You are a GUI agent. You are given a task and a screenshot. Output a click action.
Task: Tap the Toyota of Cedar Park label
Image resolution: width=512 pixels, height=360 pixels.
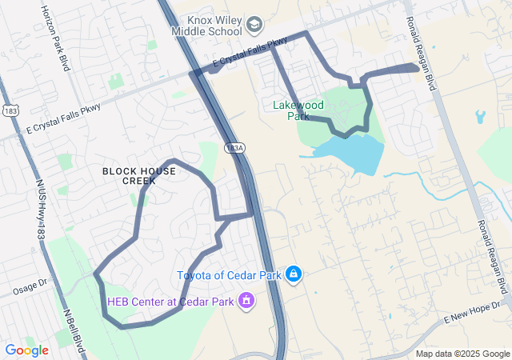tap(230, 275)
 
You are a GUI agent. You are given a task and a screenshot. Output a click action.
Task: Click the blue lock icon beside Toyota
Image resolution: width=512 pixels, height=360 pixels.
tap(294, 275)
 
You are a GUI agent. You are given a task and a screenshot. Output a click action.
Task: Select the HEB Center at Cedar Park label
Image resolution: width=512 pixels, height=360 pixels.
tap(170, 302)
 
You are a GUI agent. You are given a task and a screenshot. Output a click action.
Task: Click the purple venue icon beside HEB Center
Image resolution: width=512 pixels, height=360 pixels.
tap(246, 302)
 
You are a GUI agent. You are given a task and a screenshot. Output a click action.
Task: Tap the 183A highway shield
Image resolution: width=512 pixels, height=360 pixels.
tap(234, 148)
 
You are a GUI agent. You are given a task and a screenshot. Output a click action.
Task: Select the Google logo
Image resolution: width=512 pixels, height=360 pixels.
tap(26, 350)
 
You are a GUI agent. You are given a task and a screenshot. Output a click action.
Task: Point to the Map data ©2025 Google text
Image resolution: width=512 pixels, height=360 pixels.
tap(462, 354)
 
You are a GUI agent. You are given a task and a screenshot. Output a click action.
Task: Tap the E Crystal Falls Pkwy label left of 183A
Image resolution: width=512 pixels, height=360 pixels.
tap(64, 117)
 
